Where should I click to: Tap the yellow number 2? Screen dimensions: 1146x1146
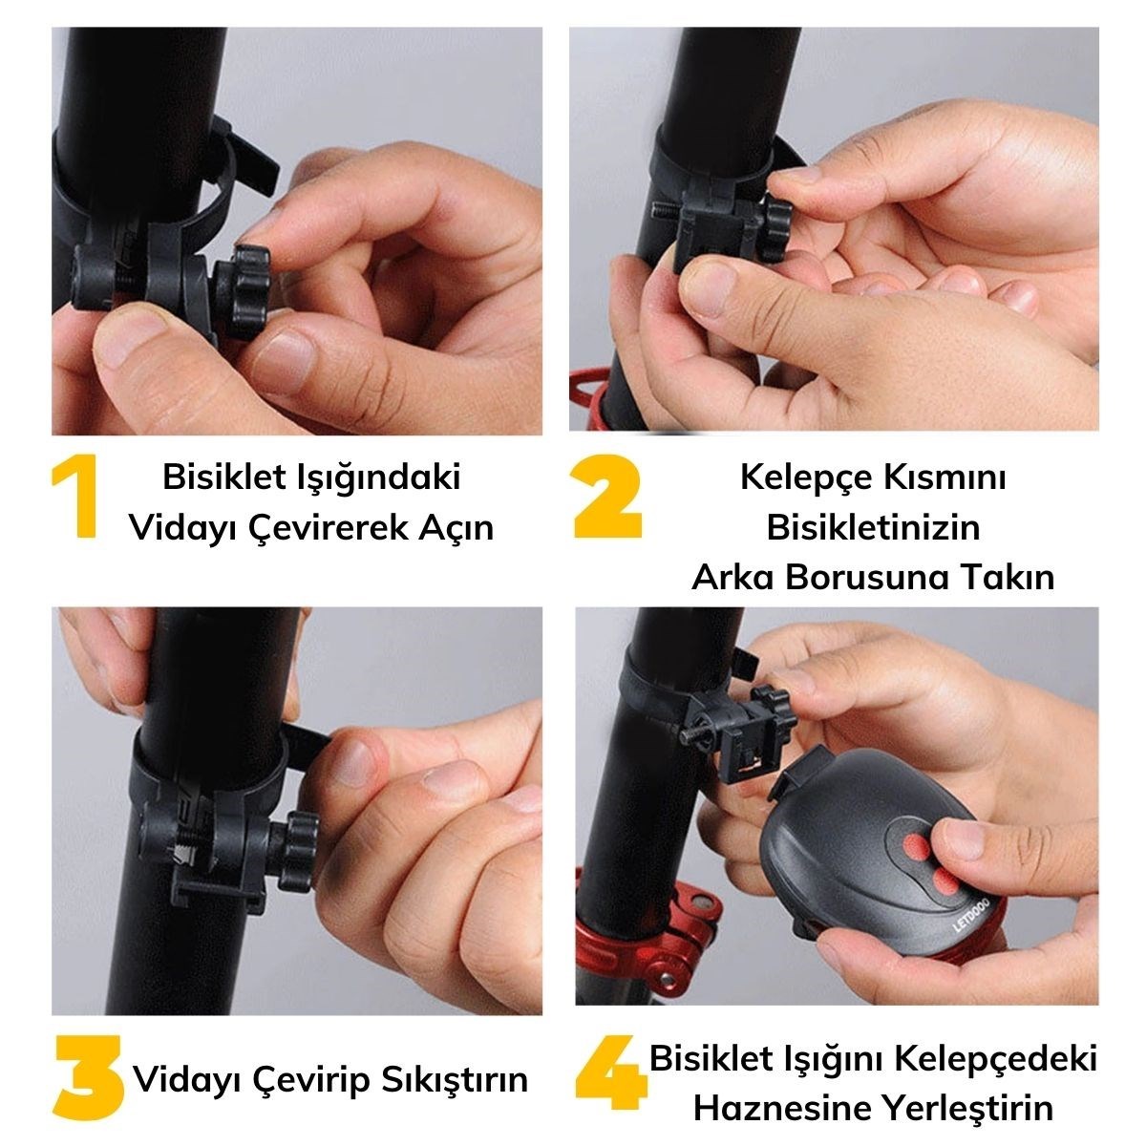point(607,497)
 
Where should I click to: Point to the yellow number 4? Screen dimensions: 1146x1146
point(611,1078)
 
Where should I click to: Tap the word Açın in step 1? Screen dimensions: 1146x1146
point(456,528)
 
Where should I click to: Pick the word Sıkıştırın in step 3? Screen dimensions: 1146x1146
point(455,1080)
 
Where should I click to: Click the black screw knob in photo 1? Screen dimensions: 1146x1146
point(244,291)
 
